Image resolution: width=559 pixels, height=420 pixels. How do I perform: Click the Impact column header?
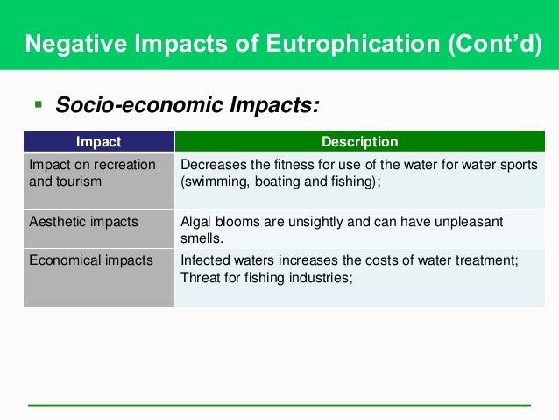tap(99, 141)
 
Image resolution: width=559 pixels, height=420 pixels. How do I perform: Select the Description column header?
tap(359, 141)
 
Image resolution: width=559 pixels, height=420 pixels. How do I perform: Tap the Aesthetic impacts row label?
tap(84, 222)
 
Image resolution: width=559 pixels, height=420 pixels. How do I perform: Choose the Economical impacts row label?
tap(91, 260)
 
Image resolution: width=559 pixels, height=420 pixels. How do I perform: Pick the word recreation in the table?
tap(125, 165)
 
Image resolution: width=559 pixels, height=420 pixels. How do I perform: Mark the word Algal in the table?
tap(195, 222)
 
